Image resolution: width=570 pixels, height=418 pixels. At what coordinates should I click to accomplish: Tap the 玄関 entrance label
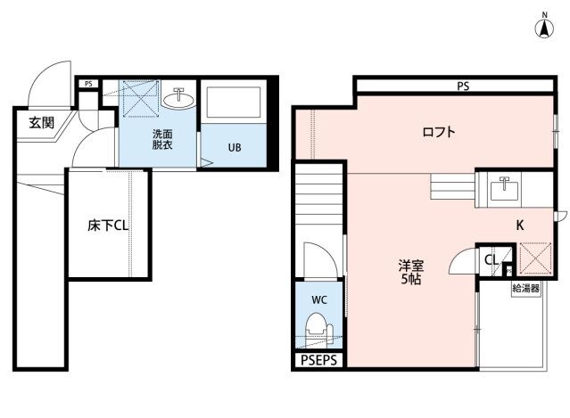41,123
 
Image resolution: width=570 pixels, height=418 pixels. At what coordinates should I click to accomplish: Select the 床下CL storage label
108,225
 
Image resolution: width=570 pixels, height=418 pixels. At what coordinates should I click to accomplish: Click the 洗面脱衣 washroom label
162,139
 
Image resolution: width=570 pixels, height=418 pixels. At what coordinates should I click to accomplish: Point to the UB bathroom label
233,148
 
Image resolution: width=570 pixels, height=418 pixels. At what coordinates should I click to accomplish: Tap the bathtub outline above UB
232,105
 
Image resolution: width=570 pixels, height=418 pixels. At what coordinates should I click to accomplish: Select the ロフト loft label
439,133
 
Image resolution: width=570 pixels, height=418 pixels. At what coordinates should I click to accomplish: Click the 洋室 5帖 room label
410,272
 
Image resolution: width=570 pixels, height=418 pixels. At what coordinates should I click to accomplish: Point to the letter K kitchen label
520,225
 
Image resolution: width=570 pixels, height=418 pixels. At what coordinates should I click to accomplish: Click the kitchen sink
505,188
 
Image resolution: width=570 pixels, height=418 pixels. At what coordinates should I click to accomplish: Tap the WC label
318,300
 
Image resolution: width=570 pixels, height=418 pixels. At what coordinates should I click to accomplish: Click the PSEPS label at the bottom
318,360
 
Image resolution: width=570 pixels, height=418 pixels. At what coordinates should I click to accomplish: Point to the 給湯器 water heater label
526,289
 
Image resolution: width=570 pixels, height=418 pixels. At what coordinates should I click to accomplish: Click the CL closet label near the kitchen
491,259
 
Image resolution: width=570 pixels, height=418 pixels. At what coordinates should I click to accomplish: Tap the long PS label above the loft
463,86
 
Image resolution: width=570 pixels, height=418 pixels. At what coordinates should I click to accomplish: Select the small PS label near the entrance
87,85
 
